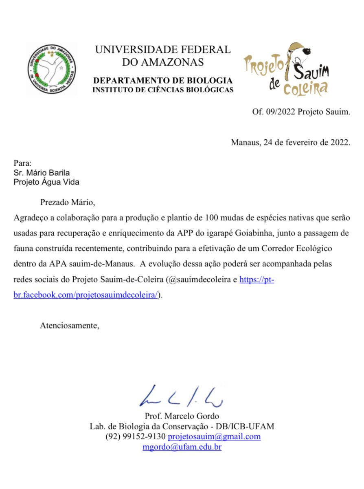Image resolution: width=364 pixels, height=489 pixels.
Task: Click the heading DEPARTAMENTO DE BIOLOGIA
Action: click(163, 80)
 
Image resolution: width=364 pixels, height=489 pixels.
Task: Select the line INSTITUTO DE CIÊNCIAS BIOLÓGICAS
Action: click(163, 90)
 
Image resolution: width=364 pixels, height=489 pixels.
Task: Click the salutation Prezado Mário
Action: click(70, 202)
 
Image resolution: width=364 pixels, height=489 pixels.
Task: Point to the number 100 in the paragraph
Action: click(212, 217)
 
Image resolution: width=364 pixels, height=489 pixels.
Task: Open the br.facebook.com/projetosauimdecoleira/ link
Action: click(86, 295)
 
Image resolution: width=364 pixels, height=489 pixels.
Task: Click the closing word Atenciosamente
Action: click(70, 325)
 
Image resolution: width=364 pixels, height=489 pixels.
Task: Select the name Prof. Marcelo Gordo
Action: click(182, 416)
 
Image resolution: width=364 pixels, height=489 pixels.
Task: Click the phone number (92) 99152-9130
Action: click(135, 436)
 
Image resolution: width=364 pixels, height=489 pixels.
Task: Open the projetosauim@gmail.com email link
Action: click(214, 436)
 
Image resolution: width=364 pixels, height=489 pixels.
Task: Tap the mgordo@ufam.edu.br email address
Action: click(182, 447)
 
